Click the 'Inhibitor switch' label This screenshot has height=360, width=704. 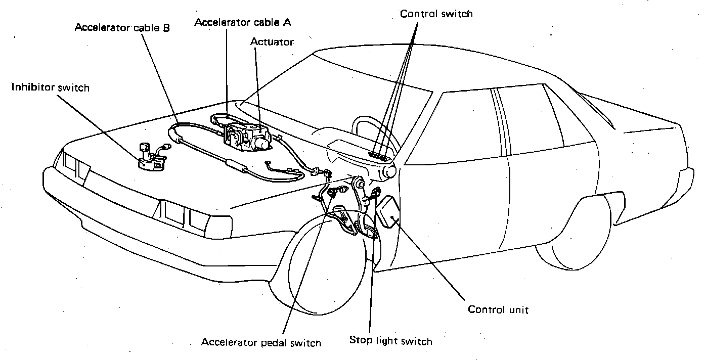50,88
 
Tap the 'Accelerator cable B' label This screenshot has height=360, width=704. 122,28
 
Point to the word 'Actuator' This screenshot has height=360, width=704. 272,42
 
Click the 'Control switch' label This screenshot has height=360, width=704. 436,14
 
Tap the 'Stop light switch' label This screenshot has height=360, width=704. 390,341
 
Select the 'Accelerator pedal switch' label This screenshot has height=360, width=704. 261,343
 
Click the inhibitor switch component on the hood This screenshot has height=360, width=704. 152,158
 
